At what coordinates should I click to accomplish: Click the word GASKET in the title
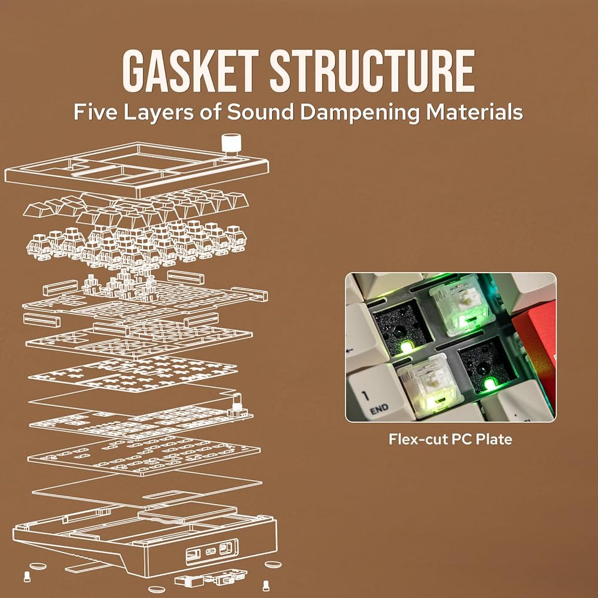coord(191,71)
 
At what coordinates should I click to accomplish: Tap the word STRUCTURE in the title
coord(373,71)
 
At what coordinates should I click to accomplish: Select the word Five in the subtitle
coord(95,112)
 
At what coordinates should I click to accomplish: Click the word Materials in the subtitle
coord(474,112)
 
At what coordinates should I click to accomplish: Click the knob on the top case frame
coord(231,144)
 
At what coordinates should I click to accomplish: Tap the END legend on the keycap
coord(379,409)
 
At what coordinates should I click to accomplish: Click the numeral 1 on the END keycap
coord(365,395)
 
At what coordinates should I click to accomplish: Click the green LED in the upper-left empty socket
coord(407,347)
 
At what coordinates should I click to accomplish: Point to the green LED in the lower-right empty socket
coord(489,384)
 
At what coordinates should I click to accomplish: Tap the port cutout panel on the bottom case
coord(212,552)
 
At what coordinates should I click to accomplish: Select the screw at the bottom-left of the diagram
coord(27,576)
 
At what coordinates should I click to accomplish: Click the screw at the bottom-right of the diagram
coord(266,585)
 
